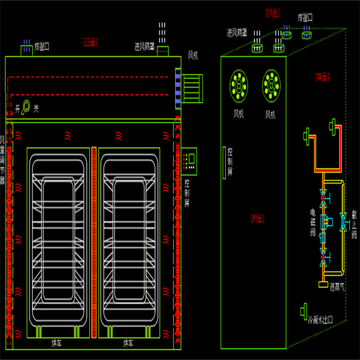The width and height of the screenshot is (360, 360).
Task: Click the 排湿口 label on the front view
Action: [41, 47]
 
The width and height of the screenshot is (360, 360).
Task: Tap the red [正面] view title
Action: [90, 42]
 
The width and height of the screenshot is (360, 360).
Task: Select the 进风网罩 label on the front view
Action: [146, 47]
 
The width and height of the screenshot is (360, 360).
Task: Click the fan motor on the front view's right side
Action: [192, 88]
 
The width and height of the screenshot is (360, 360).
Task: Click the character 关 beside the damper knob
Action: [36, 109]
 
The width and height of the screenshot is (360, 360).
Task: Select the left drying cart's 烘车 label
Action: [57, 343]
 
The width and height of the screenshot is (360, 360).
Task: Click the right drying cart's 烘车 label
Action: [128, 343]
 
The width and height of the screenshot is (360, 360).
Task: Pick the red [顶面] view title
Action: [273, 13]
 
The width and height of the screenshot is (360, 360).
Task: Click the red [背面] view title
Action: [322, 76]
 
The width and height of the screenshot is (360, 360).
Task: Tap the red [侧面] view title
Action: [257, 218]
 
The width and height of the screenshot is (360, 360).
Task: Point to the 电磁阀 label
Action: [312, 223]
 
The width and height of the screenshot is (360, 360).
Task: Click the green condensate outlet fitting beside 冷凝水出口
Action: [303, 311]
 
